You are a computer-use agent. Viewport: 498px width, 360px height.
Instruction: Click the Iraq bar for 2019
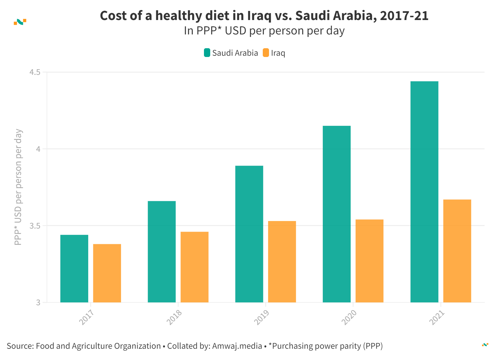point(282,261)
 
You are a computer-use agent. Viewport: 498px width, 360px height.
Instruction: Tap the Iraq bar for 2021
point(457,251)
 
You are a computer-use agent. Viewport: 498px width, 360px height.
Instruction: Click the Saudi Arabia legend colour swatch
point(207,53)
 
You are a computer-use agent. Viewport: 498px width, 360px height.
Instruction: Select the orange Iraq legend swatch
point(266,53)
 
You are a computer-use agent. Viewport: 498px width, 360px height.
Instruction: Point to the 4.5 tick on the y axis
point(35,72)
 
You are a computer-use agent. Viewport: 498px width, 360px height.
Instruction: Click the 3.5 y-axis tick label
point(35,226)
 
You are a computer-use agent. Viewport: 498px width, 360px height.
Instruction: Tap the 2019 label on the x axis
point(261,317)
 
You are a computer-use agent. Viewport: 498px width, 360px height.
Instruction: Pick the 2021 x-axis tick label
point(437,317)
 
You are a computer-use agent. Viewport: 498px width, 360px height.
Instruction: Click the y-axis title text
point(18,187)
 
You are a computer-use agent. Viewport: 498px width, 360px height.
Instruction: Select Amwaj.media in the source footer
point(237,346)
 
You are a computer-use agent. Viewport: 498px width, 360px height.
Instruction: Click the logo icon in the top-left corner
point(20,22)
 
